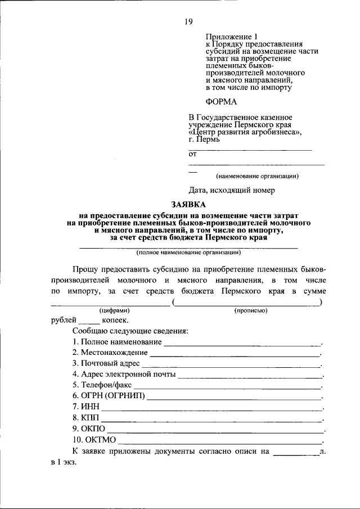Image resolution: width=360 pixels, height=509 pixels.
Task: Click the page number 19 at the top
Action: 188,22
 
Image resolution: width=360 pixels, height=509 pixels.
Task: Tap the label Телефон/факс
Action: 102,385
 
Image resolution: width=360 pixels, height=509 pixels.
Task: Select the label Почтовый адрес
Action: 106,363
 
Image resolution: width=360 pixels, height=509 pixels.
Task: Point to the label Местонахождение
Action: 110,353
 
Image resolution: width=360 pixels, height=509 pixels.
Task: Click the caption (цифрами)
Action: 115,310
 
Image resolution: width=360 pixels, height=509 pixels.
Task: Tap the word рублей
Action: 63,320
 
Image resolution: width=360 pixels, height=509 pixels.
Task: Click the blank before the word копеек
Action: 89,322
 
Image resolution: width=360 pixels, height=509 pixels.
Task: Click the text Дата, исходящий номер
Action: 231,190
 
